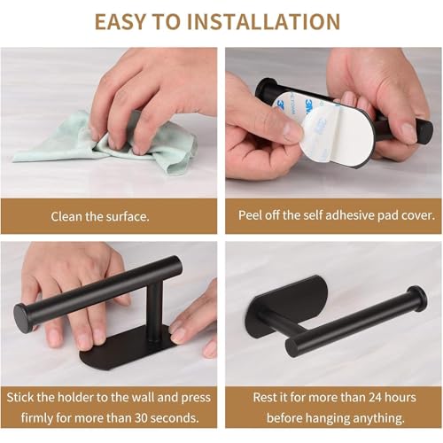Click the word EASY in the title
click(x=134, y=21)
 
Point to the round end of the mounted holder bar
click(x=416, y=299)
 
